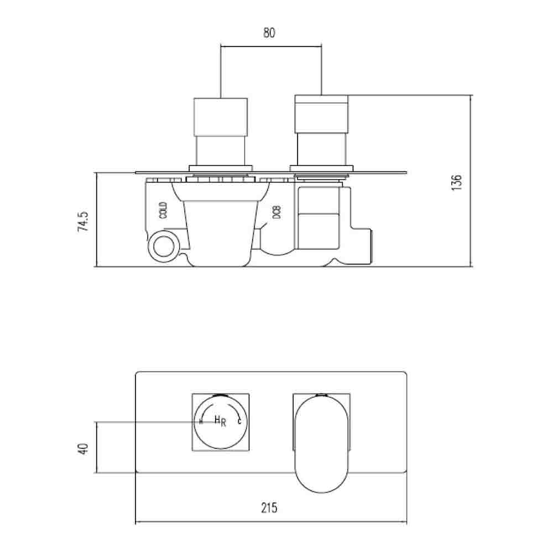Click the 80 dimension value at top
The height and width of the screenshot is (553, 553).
(x=269, y=33)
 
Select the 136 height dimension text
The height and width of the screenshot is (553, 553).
(x=457, y=182)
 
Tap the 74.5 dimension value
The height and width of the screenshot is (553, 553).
(x=83, y=220)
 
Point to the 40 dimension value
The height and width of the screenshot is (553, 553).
(x=83, y=448)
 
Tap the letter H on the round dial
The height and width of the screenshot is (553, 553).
(x=217, y=420)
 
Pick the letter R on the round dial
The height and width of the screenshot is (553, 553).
(x=223, y=424)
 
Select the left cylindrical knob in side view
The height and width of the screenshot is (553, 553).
(x=220, y=117)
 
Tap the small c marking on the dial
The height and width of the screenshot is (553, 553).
(x=239, y=422)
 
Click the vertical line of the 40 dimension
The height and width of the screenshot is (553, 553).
(x=97, y=448)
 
